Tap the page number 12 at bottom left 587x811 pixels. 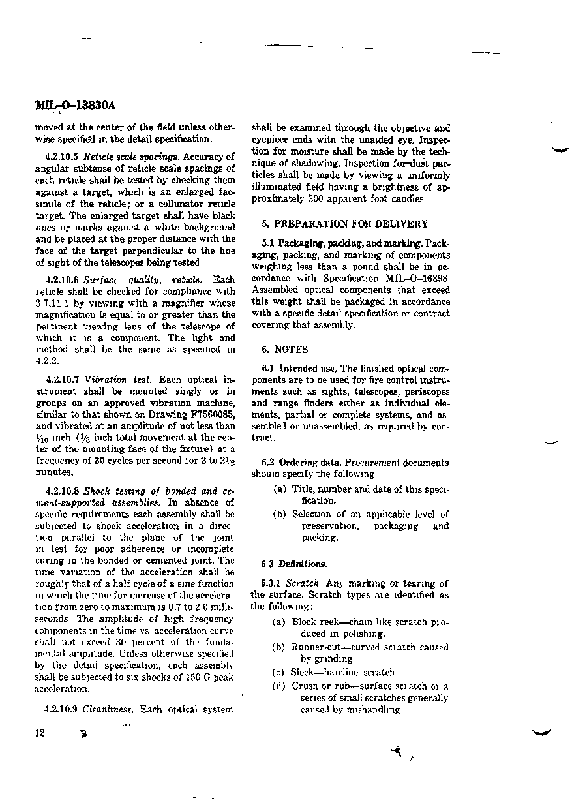40,732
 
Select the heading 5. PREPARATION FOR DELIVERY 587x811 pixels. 344,224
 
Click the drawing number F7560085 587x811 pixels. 209,415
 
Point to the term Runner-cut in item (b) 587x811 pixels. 317,647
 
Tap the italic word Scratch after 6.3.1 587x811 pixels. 303,583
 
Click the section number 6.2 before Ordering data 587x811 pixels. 268,462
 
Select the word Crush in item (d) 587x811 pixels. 305,686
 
